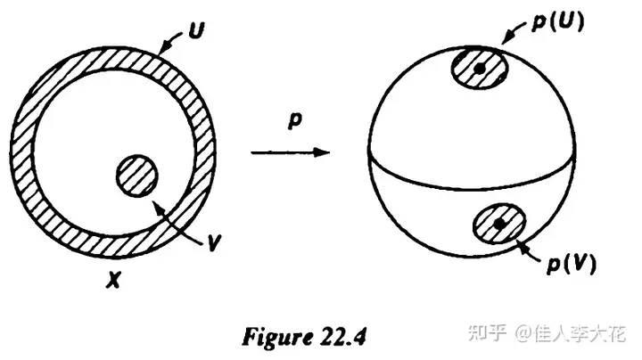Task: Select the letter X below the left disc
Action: click(113, 282)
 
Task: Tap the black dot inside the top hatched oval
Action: click(480, 68)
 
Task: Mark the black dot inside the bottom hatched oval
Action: click(499, 223)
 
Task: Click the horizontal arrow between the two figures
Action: click(291, 153)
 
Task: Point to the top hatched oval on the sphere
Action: click(480, 69)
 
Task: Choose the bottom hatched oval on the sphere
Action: click(499, 224)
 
